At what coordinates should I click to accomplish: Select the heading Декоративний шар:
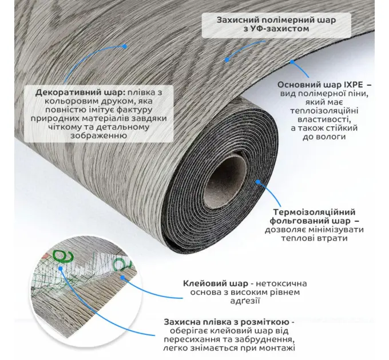[x=81, y=93]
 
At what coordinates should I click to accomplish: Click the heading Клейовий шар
[x=216, y=283]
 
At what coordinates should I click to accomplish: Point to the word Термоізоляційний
[x=314, y=212]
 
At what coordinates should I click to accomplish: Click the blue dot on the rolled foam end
[x=258, y=182]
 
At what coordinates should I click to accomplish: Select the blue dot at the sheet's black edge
[x=292, y=62]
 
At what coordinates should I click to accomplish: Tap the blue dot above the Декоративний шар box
[x=125, y=46]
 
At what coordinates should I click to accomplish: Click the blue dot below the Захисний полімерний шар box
[x=227, y=59]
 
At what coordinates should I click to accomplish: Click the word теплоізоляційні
[x=324, y=110]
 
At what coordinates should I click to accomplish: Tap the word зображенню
[x=99, y=136]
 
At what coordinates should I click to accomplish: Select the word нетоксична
[x=281, y=283]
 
